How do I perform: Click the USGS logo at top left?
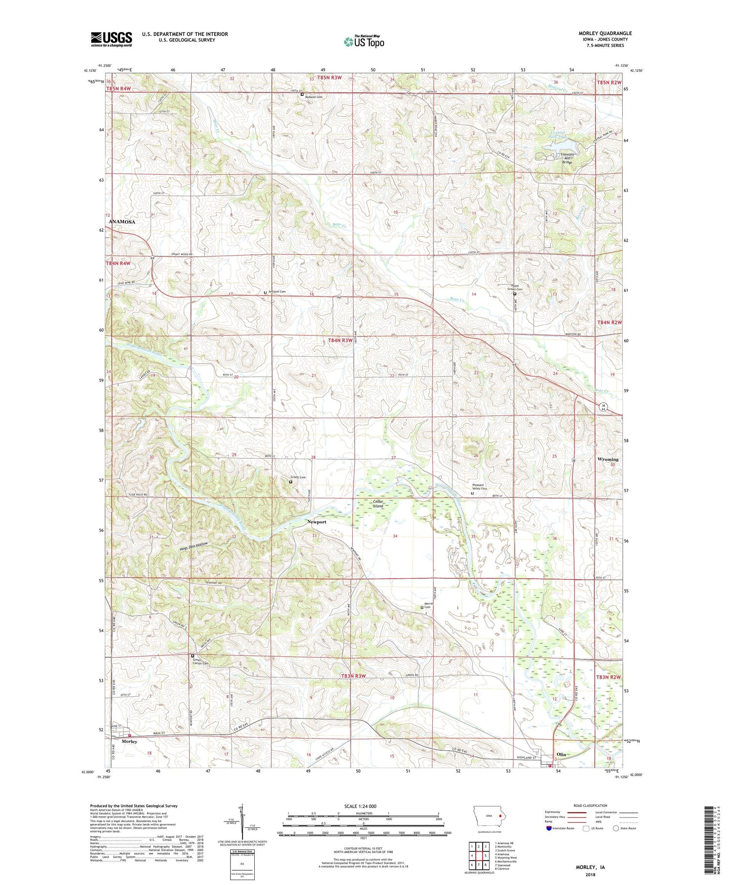[x=111, y=39]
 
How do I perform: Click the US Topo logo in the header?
[x=364, y=42]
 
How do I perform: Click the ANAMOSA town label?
[x=122, y=222]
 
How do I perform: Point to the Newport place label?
[x=317, y=522]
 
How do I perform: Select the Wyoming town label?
[x=608, y=459]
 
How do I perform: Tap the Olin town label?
[x=562, y=754]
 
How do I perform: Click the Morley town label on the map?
[x=129, y=741]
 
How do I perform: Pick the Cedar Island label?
[x=378, y=504]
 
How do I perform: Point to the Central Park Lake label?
[x=558, y=135]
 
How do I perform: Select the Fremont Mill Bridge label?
[x=567, y=158]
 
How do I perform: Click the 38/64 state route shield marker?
[x=604, y=407]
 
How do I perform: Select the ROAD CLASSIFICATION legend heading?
[x=590, y=805]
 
